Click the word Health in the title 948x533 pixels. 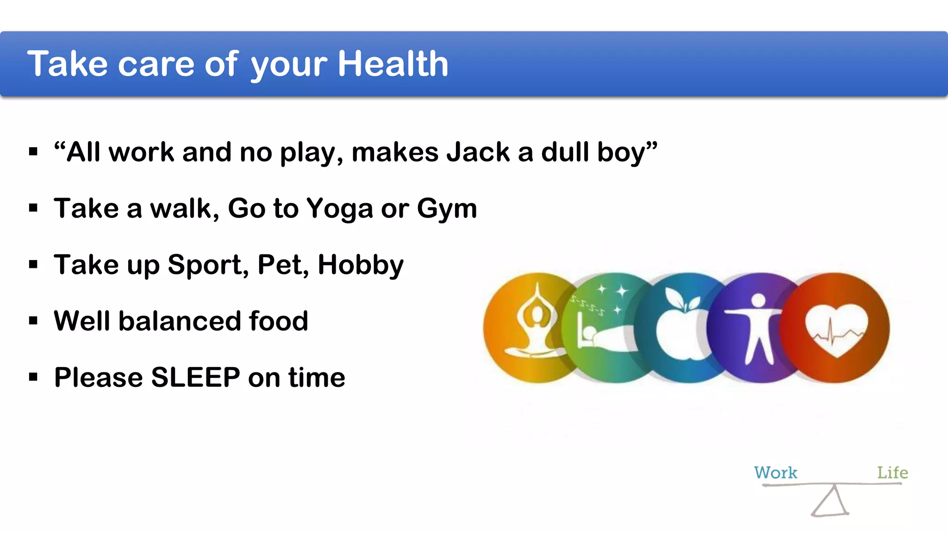click(393, 63)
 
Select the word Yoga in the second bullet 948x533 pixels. click(339, 209)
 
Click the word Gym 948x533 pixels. click(447, 209)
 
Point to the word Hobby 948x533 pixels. click(361, 265)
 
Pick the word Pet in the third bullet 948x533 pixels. click(283, 265)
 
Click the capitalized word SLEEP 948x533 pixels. click(195, 377)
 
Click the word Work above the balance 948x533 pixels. click(775, 473)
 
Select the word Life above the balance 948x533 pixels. click(892, 473)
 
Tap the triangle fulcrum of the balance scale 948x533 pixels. click(831, 503)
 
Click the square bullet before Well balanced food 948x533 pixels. click(33, 321)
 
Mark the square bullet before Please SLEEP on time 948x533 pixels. click(33, 377)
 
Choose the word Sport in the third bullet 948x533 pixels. click(205, 265)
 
